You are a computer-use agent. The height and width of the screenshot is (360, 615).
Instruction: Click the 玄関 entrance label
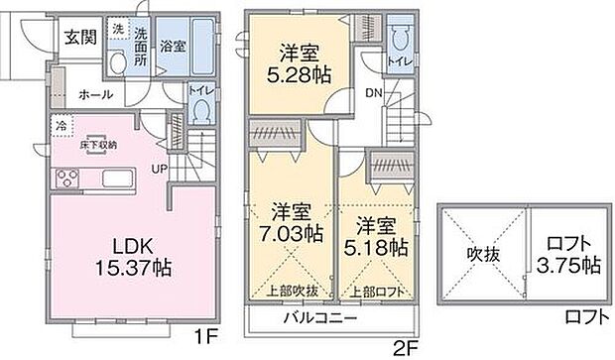(x=80, y=39)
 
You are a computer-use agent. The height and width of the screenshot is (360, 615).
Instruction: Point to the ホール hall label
(x=95, y=95)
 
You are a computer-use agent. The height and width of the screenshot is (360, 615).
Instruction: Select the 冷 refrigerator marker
(x=61, y=126)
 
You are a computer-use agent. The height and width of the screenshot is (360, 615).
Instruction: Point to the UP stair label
(x=158, y=170)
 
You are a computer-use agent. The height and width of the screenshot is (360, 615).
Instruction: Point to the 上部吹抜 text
(x=294, y=291)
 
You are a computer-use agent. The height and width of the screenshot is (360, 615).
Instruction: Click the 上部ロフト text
(x=376, y=292)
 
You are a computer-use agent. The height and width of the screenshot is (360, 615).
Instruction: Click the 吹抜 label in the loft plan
(x=484, y=255)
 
